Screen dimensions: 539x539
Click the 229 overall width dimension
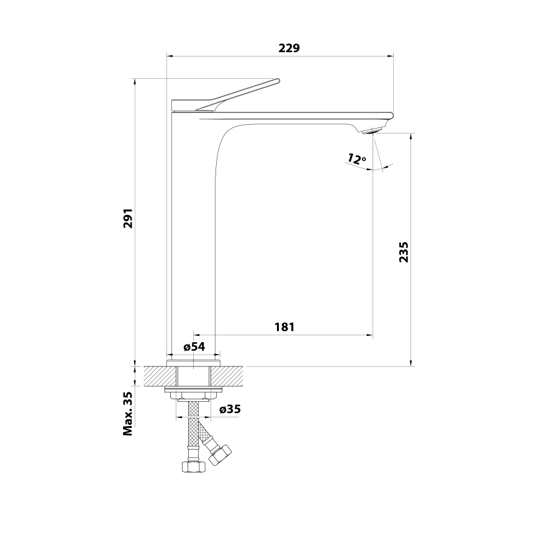288,48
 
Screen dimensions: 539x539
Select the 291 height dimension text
128,218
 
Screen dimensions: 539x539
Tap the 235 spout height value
403,251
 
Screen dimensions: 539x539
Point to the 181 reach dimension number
284,327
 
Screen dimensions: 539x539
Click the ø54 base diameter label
194,347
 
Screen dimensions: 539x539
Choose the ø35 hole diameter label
230,409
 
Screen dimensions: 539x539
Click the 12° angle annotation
356,159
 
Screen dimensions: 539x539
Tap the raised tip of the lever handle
278,80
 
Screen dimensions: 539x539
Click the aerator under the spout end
371,130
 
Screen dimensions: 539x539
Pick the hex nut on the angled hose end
220,455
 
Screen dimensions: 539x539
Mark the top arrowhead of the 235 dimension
410,135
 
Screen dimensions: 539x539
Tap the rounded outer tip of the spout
392,115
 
